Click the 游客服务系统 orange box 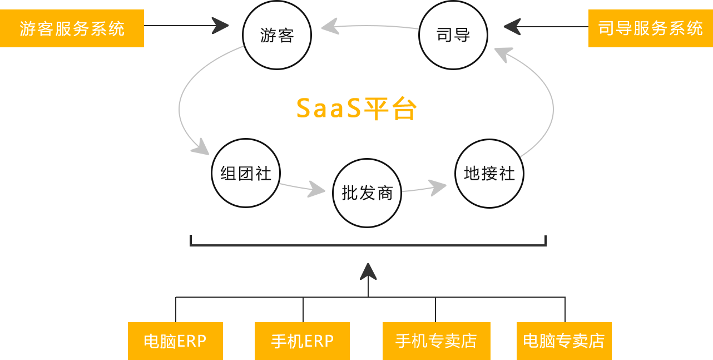[x=72, y=28]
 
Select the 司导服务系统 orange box [x=650, y=28]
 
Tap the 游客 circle [x=277, y=36]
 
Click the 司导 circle [x=453, y=36]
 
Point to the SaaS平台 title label [x=356, y=109]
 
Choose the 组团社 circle [x=246, y=173]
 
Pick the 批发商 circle [x=367, y=193]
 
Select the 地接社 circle [x=489, y=173]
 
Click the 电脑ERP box [x=175, y=341]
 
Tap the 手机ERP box [x=303, y=341]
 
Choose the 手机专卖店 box [x=436, y=341]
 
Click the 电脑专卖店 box [x=564, y=341]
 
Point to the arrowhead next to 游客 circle [x=220, y=26]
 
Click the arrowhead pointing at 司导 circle [x=512, y=26]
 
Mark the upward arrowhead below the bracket [x=368, y=271]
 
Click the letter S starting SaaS [x=304, y=109]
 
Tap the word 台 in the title [x=403, y=109]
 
